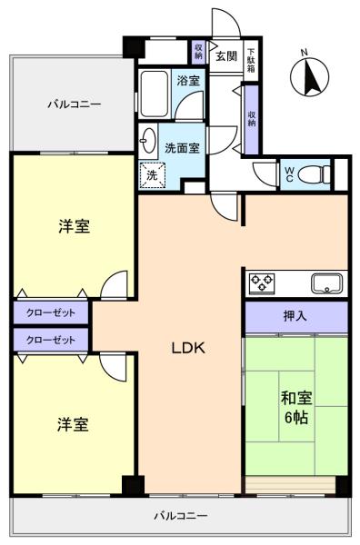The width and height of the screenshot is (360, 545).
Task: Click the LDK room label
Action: [188, 348]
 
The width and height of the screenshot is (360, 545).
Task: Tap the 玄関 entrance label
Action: [226, 56]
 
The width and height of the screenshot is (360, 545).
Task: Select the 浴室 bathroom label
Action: [188, 81]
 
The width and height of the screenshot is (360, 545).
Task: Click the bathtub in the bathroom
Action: [154, 94]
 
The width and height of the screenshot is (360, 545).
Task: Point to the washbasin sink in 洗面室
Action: [148, 141]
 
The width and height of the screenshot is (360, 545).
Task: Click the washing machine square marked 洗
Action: [152, 175]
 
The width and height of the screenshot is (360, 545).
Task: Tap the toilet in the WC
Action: [314, 174]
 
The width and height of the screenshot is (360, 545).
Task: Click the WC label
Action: [289, 174]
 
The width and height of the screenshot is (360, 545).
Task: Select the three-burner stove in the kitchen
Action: [262, 283]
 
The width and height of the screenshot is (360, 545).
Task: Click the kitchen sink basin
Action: [326, 283]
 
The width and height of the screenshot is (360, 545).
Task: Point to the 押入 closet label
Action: [295, 316]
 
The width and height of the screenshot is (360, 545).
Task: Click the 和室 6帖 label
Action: [296, 407]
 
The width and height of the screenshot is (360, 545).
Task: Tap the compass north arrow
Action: [310, 77]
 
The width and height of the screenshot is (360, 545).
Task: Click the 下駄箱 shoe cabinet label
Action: [251, 60]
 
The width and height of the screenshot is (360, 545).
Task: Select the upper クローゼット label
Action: [51, 312]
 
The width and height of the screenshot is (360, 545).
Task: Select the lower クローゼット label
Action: [51, 340]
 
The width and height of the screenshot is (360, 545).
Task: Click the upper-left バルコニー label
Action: [75, 104]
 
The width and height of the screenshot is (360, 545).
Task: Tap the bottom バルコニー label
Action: [181, 515]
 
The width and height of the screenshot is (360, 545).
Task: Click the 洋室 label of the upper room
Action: [74, 226]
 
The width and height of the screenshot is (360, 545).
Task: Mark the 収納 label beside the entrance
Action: [198, 52]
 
